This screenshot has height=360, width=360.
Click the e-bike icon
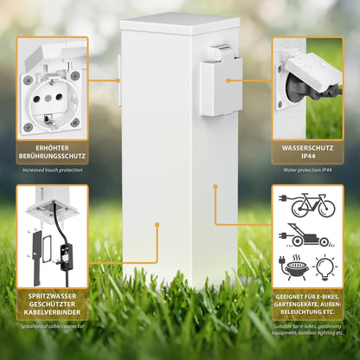[307, 205]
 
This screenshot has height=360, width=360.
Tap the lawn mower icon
[305, 235]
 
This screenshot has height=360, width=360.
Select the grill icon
[294, 267]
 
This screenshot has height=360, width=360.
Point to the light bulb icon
[325, 267]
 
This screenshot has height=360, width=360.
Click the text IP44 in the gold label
[307, 157]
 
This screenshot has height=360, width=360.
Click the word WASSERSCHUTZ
[307, 148]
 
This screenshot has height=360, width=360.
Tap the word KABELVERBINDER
[52, 312]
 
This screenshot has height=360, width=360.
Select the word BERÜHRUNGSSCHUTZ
[52, 156]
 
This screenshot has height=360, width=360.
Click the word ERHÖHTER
[52, 148]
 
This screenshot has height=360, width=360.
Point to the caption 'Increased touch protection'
[52, 170]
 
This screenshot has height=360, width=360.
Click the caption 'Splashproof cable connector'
[52, 326]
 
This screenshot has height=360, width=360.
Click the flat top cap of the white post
[180, 22]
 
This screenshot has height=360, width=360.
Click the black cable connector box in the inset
[67, 256]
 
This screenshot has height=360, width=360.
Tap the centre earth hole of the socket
[48, 99]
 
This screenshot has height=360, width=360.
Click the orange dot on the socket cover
[228, 80]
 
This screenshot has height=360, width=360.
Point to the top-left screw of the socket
[28, 79]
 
